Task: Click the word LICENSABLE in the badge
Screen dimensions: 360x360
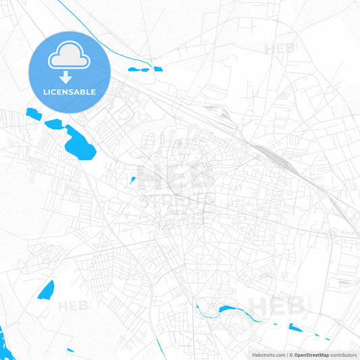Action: click(x=70, y=92)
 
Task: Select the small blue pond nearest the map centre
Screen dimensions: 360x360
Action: click(x=133, y=180)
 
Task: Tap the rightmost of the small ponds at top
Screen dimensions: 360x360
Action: click(x=158, y=69)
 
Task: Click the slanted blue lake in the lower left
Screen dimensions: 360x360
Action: click(x=46, y=290)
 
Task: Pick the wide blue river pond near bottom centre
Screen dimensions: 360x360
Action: click(x=226, y=310)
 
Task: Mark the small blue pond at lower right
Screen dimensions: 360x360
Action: click(x=295, y=328)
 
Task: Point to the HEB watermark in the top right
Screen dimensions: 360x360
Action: click(x=279, y=49)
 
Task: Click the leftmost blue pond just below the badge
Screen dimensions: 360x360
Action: click(x=31, y=113)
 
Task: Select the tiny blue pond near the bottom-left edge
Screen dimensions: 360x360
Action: click(x=71, y=350)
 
